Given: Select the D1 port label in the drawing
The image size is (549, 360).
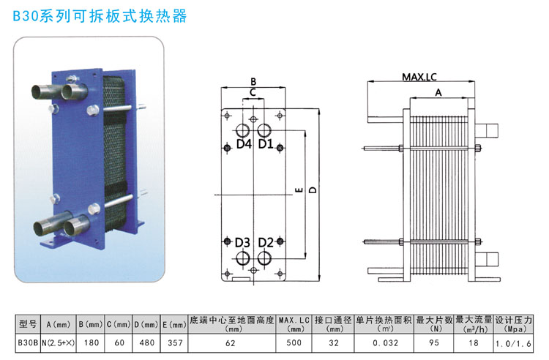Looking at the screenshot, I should pyautogui.click(x=266, y=145).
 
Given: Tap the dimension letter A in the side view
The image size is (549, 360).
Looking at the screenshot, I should pyautogui.click(x=438, y=93).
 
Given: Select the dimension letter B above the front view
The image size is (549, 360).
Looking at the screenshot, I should pyautogui.click(x=253, y=81).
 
